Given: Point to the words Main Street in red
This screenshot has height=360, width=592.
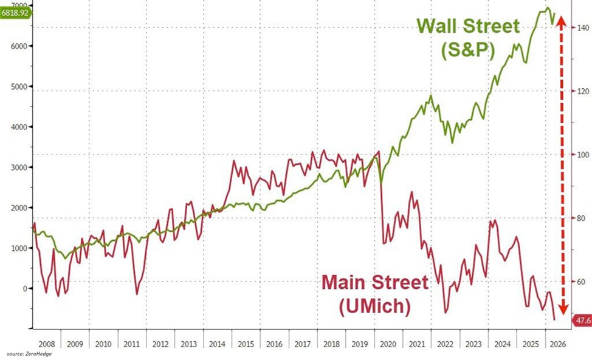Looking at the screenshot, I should pos(375,282).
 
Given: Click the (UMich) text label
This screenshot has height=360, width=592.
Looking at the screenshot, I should pos(375,306).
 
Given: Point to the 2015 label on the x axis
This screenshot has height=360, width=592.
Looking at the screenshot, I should pos(246,344).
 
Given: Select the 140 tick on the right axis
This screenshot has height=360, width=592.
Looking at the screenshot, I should pos(583,28).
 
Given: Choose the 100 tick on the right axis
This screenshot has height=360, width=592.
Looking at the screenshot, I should pos(583,154).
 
